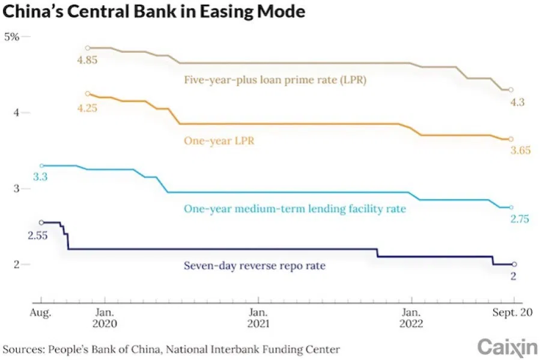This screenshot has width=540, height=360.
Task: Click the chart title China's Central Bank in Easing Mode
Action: [154, 11]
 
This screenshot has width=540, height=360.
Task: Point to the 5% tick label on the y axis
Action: [12, 37]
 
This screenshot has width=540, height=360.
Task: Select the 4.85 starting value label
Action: [87, 59]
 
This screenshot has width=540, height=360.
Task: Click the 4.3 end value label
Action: [517, 102]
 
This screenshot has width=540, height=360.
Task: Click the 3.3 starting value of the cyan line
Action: [40, 177]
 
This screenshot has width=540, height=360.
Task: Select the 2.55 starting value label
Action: [38, 235]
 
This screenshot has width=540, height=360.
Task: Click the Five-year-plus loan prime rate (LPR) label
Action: [275, 79]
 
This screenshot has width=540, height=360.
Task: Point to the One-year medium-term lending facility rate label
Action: [294, 209]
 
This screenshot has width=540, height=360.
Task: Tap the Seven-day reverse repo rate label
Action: [254, 264]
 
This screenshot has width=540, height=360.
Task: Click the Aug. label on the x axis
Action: [41, 313]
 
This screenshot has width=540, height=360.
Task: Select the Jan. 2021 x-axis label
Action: [258, 318]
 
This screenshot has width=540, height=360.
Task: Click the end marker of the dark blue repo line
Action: [514, 264]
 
